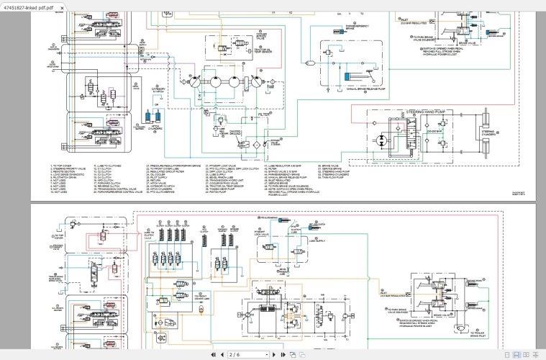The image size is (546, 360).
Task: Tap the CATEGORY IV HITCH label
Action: click(160, 89)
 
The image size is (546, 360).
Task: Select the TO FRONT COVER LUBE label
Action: click(203, 297)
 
